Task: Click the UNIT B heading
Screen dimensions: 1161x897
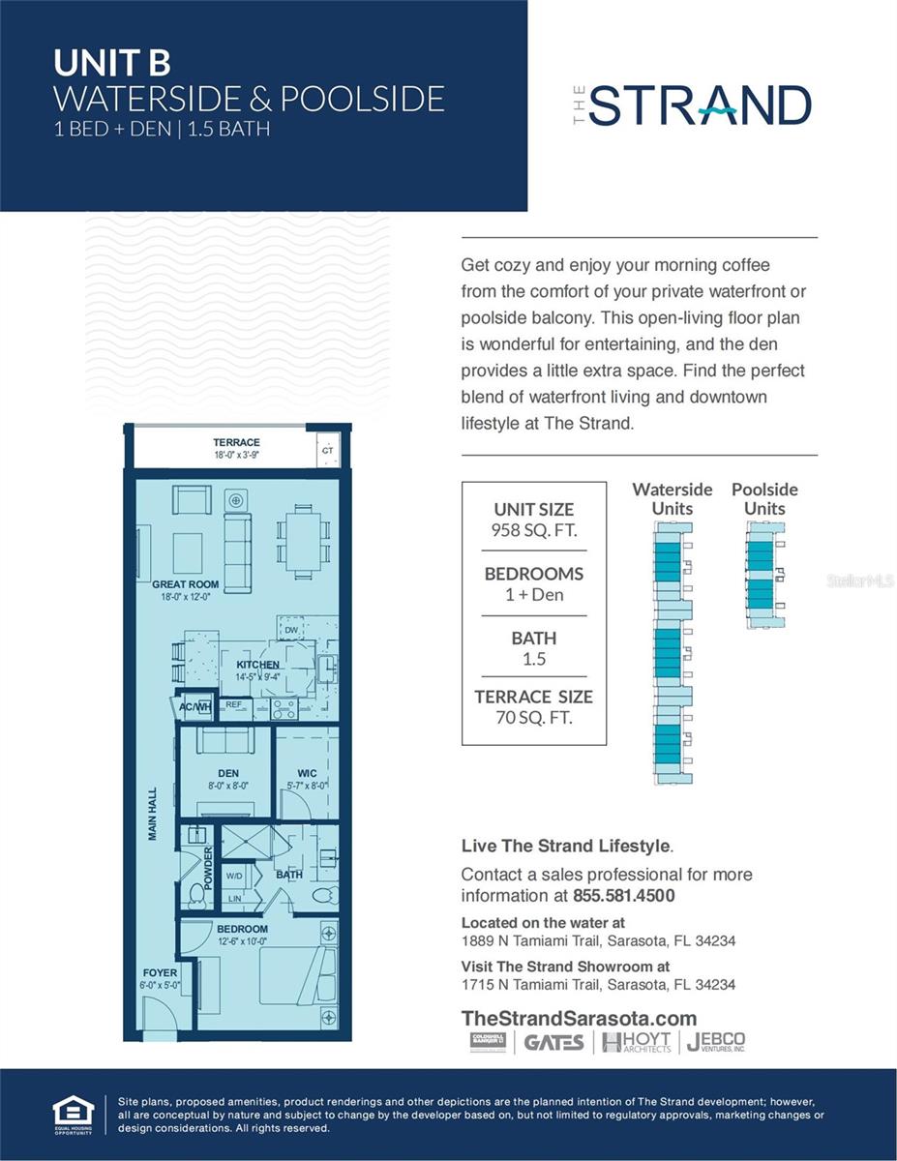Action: click(x=112, y=63)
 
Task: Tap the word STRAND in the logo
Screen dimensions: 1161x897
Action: click(x=700, y=105)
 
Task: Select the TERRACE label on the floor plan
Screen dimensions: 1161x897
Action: click(x=236, y=442)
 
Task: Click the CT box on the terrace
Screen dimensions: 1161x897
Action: click(x=327, y=450)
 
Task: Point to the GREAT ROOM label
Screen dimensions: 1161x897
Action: click(x=185, y=584)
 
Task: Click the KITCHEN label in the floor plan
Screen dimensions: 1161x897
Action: click(x=257, y=665)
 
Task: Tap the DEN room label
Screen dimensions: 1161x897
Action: click(x=228, y=773)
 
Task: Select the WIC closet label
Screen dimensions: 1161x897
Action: click(x=308, y=773)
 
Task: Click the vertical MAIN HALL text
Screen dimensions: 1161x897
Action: click(x=153, y=814)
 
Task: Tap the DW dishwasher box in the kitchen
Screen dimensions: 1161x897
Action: click(x=290, y=631)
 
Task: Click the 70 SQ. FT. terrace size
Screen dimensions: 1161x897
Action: click(x=533, y=717)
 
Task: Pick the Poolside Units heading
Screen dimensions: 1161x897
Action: click(x=764, y=498)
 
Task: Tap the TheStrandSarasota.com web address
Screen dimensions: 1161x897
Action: click(x=579, y=1018)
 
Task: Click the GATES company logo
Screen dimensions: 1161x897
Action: click(x=553, y=1043)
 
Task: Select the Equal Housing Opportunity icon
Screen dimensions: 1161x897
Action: click(x=74, y=1114)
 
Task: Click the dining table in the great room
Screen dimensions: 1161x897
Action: click(x=304, y=538)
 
